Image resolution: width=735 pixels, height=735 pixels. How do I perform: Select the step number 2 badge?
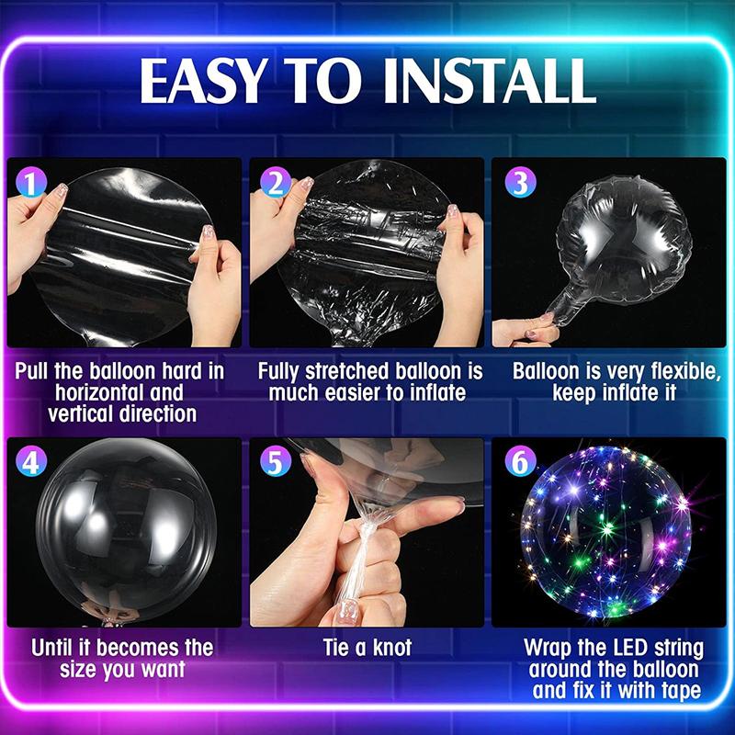coord(275,183)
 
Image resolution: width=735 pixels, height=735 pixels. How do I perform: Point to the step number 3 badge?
coord(519,183)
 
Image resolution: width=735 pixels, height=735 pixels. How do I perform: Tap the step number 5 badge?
coord(275,462)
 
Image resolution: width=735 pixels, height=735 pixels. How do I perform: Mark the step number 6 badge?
coord(519,462)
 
